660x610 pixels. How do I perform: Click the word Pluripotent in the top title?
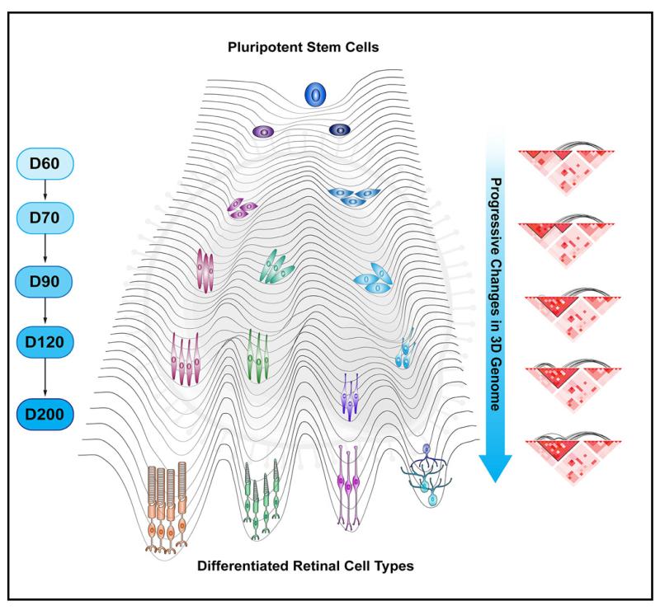(x=260, y=48)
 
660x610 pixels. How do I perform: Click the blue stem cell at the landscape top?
(x=315, y=95)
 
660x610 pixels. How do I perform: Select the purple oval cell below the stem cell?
(x=264, y=131)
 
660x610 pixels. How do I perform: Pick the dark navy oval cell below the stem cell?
(x=339, y=130)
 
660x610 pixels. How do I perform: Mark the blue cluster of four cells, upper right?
(x=353, y=195)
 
